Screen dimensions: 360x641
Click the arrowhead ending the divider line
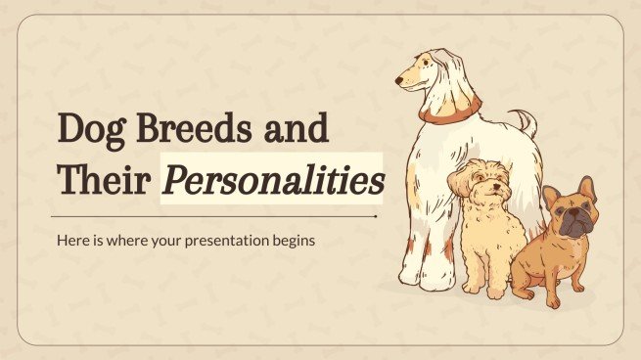(x=377, y=216)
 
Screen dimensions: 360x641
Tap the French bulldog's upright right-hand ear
(x=586, y=188)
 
